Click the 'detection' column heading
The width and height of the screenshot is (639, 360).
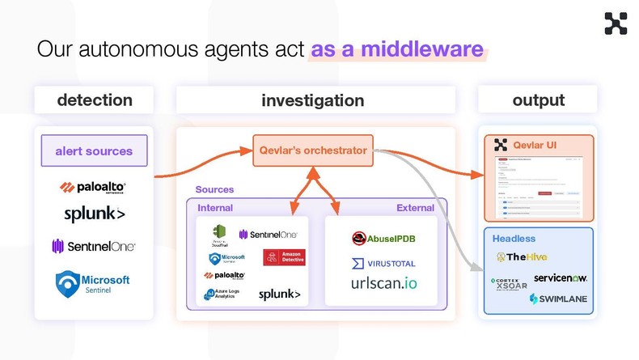(94, 100)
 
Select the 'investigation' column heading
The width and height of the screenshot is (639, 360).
(312, 100)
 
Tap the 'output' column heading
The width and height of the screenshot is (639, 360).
(538, 100)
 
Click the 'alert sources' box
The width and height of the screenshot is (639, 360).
(94, 150)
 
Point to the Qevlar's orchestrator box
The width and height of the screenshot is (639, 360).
(313, 150)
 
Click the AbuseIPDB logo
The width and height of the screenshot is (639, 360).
(382, 238)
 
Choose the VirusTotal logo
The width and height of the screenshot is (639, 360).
(383, 263)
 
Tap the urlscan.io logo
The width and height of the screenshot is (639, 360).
(383, 285)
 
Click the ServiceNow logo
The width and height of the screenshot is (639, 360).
(560, 277)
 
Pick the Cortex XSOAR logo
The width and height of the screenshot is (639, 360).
(507, 285)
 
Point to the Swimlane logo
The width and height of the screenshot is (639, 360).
(558, 299)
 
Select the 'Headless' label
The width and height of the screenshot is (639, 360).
(514, 239)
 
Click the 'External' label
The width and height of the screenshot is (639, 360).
(415, 208)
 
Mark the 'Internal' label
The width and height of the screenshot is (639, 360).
(215, 208)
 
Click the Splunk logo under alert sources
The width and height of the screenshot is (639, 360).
(94, 214)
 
